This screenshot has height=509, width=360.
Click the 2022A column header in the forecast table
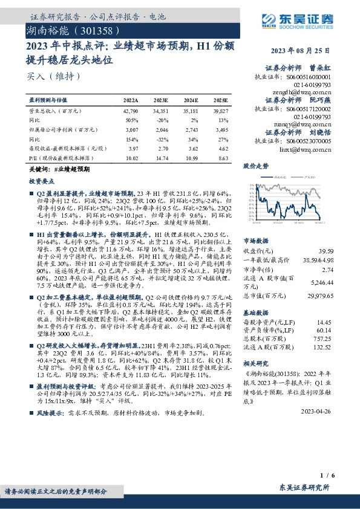(131, 100)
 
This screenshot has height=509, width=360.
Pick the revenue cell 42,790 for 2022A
(131, 112)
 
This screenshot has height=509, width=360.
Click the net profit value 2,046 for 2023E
(161, 129)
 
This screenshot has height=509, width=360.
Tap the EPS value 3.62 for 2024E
(192, 148)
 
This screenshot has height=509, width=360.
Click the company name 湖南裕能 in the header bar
(51, 29)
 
